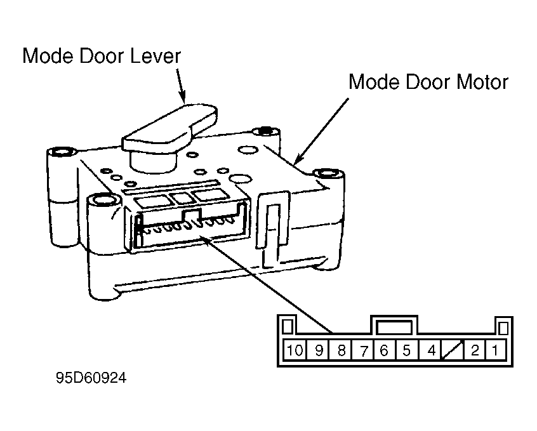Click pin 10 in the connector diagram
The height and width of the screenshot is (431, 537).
click(295, 350)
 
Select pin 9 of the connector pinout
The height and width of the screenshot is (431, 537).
click(318, 350)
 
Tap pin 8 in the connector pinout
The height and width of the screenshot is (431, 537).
click(340, 350)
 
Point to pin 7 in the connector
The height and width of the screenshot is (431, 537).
click(363, 350)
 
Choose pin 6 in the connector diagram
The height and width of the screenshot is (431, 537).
click(385, 350)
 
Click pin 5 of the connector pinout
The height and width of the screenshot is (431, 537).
click(407, 350)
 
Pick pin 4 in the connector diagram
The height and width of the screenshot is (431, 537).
click(430, 350)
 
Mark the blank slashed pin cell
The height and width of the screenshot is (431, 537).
click(453, 350)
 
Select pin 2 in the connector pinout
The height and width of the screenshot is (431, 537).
click(474, 350)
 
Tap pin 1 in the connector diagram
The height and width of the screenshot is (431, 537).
click(495, 350)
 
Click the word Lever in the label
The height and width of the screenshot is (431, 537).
click(155, 56)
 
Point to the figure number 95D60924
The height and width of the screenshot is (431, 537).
click(91, 378)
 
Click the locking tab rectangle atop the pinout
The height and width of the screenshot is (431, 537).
click(394, 327)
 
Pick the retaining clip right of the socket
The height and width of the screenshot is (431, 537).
click(272, 226)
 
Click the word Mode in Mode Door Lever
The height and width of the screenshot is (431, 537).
click(48, 56)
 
